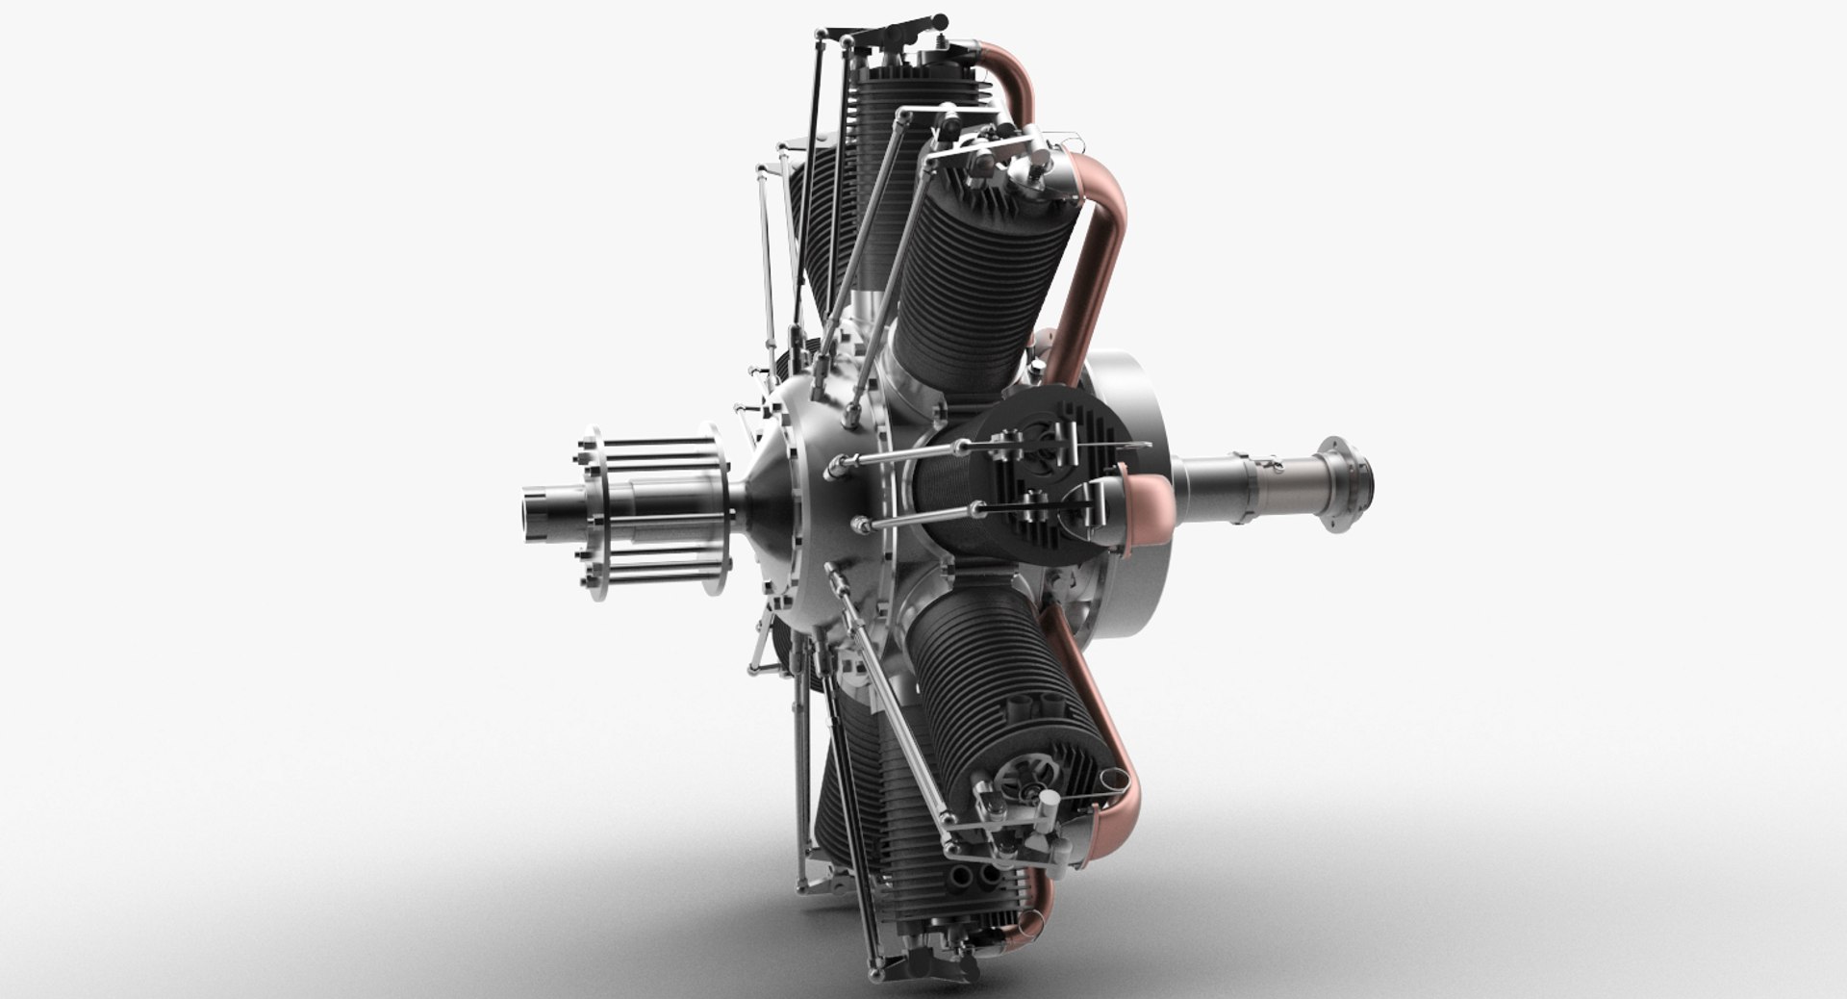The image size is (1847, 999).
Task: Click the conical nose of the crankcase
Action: pyautogui.click(x=760, y=500)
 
